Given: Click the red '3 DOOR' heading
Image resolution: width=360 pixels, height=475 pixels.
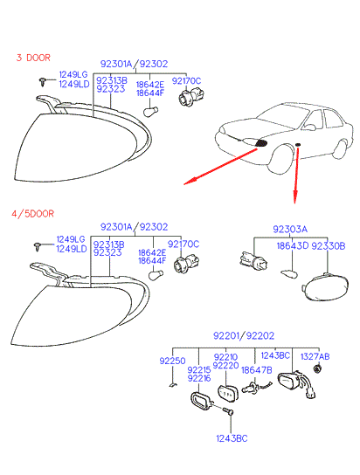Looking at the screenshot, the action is [x=33, y=58].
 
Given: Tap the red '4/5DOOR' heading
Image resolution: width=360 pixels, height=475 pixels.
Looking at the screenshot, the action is [x=32, y=214].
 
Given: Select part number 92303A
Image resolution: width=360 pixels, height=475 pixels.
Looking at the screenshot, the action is [x=290, y=229].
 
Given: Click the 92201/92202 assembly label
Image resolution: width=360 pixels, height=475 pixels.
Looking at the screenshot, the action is [x=244, y=335].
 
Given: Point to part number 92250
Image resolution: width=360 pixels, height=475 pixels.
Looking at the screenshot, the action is [x=172, y=361].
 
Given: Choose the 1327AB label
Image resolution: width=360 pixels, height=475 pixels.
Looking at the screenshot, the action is [x=315, y=356].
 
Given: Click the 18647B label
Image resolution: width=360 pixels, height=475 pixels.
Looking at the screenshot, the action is [x=256, y=370].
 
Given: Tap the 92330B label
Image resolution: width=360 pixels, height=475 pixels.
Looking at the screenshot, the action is [x=329, y=246].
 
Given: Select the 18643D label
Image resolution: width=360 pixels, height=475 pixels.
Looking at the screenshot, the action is [x=293, y=246].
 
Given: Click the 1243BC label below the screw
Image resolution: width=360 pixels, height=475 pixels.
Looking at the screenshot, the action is [x=232, y=438].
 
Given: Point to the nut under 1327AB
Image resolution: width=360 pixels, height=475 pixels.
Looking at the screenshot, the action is [x=317, y=368].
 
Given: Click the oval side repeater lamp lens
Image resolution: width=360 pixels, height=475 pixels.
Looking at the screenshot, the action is [x=326, y=287].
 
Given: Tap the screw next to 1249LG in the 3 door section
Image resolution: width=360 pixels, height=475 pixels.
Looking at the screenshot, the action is [x=43, y=82].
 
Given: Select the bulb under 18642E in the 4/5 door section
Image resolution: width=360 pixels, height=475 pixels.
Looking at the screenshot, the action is [x=156, y=275].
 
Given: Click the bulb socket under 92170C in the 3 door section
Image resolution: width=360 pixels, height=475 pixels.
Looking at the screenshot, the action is [x=190, y=95].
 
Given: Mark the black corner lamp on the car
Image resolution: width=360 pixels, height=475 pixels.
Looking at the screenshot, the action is [x=261, y=143].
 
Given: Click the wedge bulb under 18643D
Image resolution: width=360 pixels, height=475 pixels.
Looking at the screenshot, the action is [x=289, y=274].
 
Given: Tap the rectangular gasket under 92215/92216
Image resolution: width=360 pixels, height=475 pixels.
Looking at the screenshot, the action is [x=200, y=401].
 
